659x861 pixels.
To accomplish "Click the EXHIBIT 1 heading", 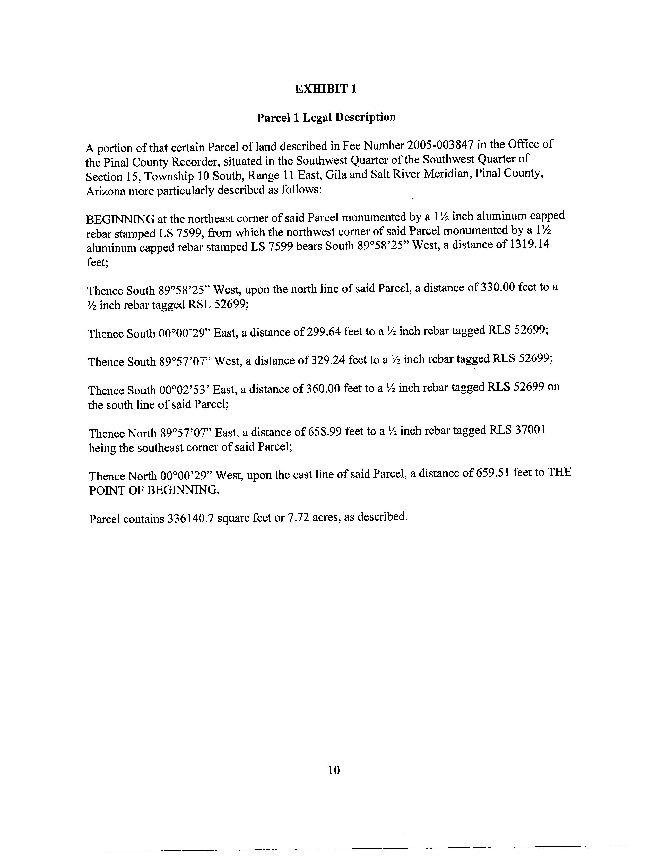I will pos(326,89).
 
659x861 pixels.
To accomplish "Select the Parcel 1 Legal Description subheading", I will pos(326,117).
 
